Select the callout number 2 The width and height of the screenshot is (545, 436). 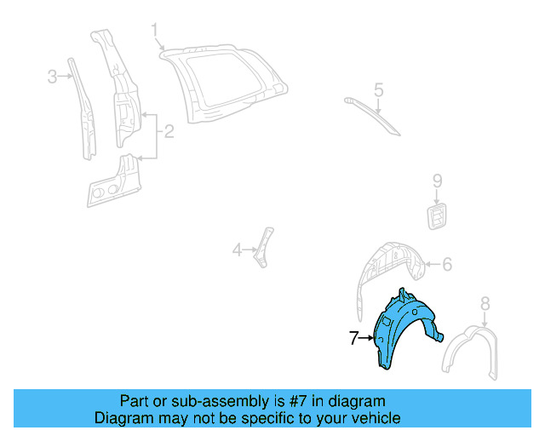(x=169, y=131)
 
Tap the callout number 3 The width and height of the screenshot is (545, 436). (x=52, y=77)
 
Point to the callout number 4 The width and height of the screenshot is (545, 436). (x=238, y=250)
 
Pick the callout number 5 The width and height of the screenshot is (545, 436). (x=379, y=89)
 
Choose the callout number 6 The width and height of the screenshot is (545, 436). (x=447, y=265)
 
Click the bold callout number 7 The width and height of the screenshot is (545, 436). (x=353, y=338)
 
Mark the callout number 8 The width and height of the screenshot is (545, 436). (x=485, y=302)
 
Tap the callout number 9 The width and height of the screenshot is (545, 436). (x=437, y=180)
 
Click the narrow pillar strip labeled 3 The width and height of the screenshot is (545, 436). (x=84, y=111)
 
